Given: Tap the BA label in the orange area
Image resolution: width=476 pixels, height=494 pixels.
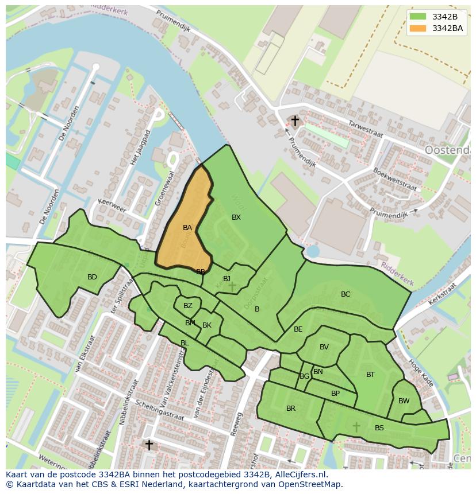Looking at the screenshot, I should (x=187, y=228).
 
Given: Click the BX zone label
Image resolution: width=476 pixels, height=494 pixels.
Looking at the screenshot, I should (x=236, y=217).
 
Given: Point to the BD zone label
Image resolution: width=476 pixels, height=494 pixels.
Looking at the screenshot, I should (x=92, y=277).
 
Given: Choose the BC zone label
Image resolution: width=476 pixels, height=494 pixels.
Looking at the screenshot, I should (x=346, y=294).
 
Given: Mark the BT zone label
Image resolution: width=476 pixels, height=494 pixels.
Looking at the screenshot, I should (x=370, y=375).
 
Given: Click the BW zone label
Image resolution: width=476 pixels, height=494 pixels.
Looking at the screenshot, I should (x=404, y=401).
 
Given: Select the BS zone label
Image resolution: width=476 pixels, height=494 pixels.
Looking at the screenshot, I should (x=379, y=428).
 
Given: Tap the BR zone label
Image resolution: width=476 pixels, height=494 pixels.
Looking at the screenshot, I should (x=291, y=409).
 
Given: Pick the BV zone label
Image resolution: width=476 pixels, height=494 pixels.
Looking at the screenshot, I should (x=324, y=347).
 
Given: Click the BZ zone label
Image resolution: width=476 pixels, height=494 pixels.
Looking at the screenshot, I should (x=188, y=306).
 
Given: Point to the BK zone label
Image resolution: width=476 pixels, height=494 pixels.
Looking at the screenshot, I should (x=207, y=325).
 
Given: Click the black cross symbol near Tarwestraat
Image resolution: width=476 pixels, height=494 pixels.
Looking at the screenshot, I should (x=295, y=121).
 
